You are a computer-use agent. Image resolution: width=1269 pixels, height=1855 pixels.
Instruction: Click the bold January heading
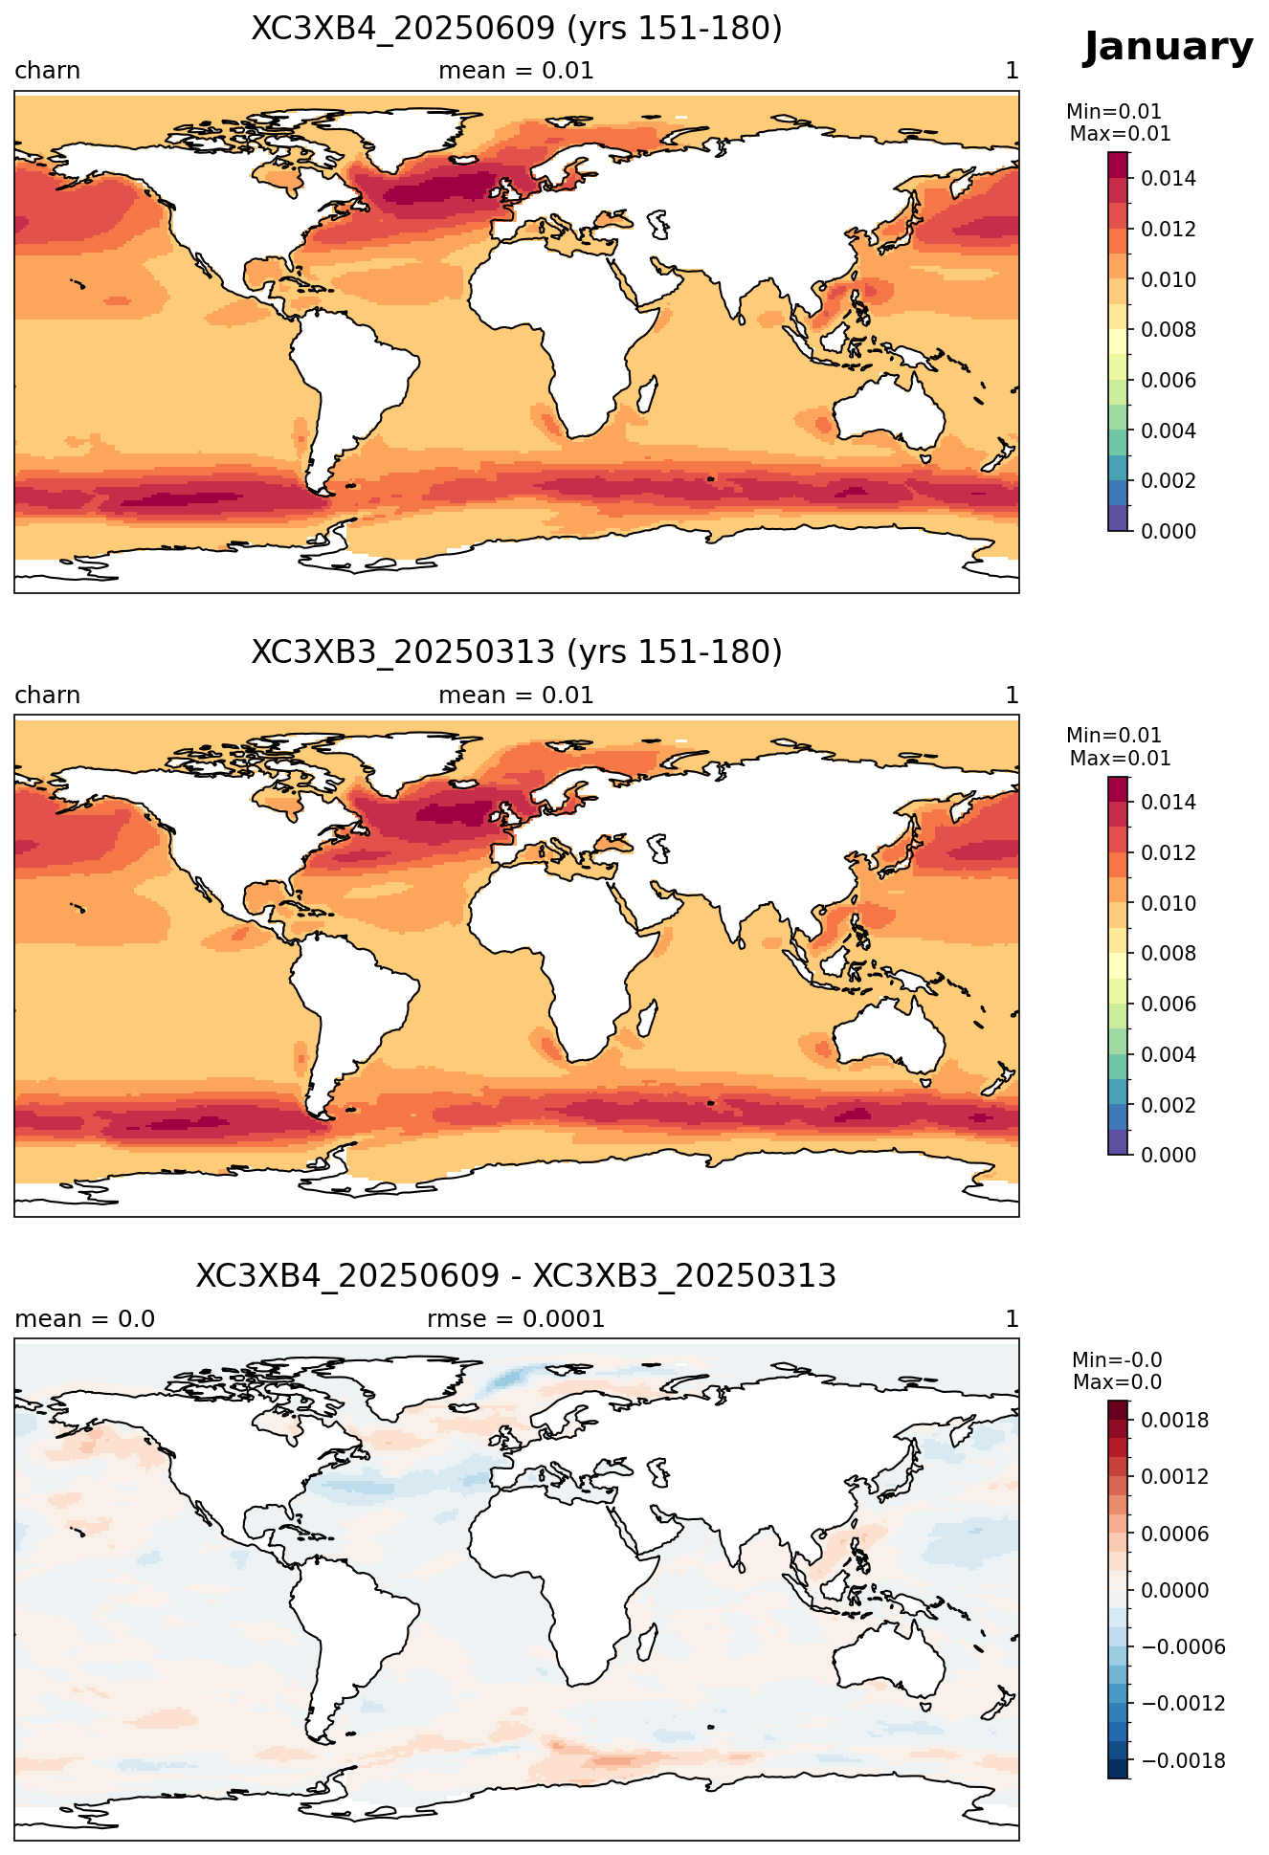pyautogui.click(x=1168, y=47)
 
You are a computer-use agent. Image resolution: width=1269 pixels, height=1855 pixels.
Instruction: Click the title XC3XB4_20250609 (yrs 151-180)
pyautogui.click(x=517, y=29)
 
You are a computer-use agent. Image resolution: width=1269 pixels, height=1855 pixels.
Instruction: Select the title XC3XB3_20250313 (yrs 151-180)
pyautogui.click(x=517, y=652)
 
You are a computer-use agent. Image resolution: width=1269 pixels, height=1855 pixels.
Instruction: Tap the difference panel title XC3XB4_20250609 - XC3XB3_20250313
pyautogui.click(x=517, y=1276)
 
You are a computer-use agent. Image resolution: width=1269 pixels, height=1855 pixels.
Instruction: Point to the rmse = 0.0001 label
pyautogui.click(x=516, y=1319)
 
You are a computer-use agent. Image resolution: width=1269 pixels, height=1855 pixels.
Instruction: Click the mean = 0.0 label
pyautogui.click(x=84, y=1319)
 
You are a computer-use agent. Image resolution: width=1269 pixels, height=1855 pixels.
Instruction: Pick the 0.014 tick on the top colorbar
pyautogui.click(x=1168, y=179)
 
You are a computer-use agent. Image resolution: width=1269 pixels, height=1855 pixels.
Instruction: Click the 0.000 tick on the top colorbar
pyautogui.click(x=1168, y=531)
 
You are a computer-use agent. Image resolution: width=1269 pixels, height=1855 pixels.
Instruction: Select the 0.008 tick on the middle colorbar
pyautogui.click(x=1168, y=954)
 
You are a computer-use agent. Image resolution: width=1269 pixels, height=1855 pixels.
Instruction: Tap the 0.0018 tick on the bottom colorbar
pyautogui.click(x=1174, y=1421)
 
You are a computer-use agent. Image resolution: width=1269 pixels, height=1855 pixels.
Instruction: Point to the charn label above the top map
pyautogui.click(x=47, y=71)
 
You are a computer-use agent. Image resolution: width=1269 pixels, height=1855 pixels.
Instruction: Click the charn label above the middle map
pyautogui.click(x=47, y=696)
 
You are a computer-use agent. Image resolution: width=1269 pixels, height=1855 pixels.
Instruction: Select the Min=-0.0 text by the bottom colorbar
pyautogui.click(x=1117, y=1360)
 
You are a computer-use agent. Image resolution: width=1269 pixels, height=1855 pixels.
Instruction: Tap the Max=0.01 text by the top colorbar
pyautogui.click(x=1120, y=134)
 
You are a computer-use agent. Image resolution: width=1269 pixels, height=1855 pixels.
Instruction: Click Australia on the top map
pyautogui.click(x=890, y=413)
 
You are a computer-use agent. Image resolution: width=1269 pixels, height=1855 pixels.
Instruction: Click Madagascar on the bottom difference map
pyautogui.click(x=647, y=1642)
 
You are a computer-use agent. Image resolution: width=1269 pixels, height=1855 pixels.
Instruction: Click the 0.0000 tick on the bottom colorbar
pyautogui.click(x=1174, y=1591)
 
